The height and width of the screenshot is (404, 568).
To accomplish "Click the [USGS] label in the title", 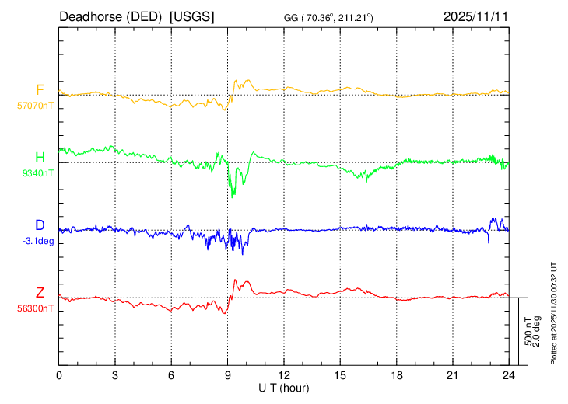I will (x=192, y=16).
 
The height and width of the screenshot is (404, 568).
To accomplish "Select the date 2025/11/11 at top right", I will (x=475, y=16).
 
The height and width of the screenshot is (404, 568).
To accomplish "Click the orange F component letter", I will (x=40, y=89).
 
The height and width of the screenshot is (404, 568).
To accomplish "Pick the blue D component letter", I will (x=40, y=225).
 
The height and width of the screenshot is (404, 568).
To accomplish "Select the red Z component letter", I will (x=40, y=293).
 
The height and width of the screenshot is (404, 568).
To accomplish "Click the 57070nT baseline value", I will (x=36, y=105).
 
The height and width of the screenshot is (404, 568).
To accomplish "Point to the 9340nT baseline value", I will (x=38, y=173).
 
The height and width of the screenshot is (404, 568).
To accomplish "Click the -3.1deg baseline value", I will (x=38, y=241).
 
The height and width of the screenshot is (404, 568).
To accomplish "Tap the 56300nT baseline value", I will (x=36, y=308).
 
